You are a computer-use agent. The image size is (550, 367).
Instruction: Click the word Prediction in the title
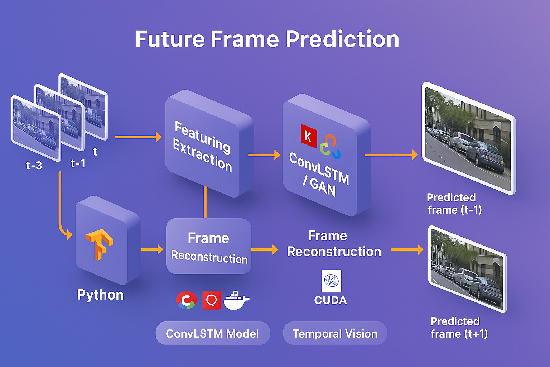342,39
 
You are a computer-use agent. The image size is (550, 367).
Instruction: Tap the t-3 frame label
34,165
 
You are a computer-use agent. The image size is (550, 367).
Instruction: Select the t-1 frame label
78,163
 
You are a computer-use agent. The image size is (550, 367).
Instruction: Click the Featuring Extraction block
209,143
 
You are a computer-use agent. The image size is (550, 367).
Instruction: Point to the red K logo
309,136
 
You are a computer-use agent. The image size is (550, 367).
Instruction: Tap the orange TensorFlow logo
99,244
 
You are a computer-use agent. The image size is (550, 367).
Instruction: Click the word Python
100,295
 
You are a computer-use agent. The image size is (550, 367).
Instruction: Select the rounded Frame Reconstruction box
209,246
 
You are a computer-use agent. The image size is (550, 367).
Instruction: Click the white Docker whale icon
236,300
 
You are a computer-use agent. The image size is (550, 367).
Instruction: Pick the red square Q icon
211,300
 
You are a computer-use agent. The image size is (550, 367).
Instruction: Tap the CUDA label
331,300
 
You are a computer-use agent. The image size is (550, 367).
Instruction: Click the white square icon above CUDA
331,281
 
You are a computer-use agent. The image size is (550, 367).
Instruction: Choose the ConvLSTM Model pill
213,333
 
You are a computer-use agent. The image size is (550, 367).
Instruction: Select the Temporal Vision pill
335,333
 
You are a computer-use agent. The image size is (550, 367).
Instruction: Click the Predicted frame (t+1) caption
459,328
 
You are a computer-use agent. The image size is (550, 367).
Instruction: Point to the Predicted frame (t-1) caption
454,204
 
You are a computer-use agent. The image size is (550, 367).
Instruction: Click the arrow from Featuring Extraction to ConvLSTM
264,155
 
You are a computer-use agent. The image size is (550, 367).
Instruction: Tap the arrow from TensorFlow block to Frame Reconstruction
152,249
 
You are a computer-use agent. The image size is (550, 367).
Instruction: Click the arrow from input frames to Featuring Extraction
138,137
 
